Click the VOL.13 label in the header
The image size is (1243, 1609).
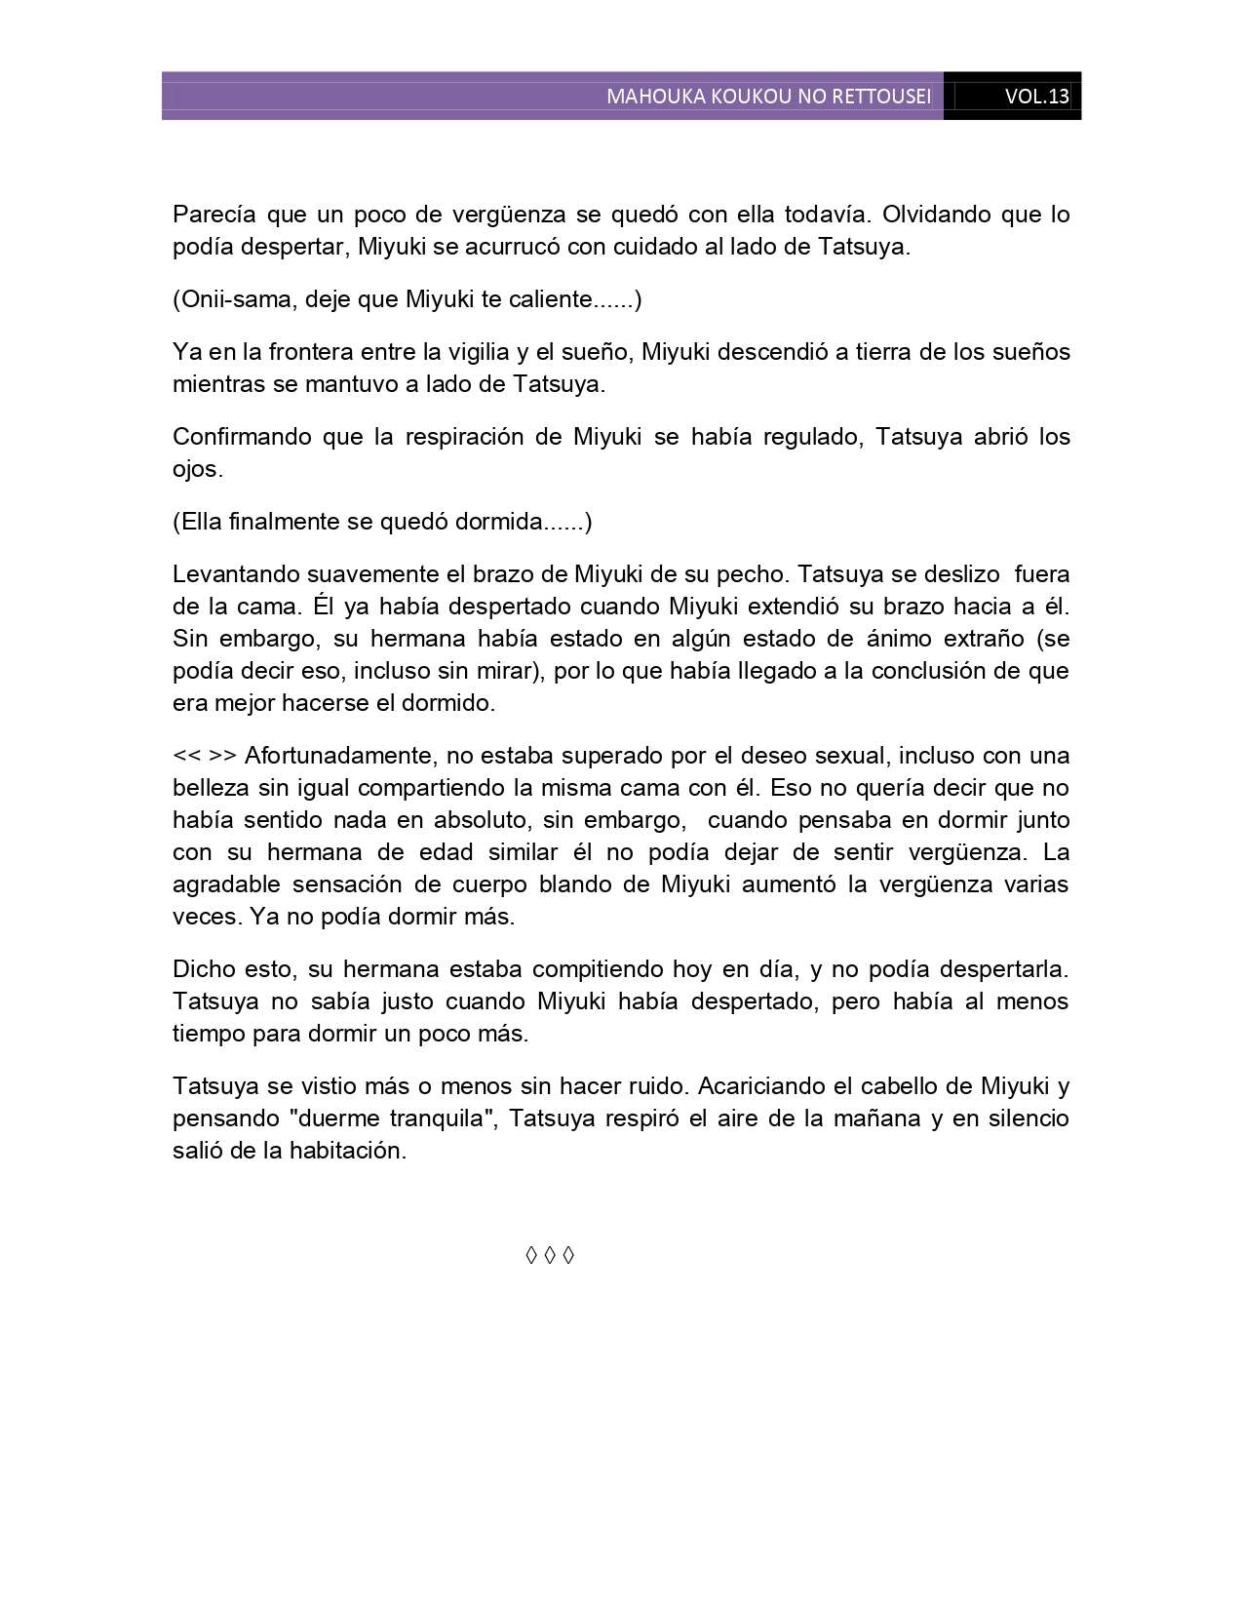pyautogui.click(x=1036, y=97)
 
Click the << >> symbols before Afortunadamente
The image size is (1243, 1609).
pyautogui.click(x=205, y=756)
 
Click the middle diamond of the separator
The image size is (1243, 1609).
pyautogui.click(x=550, y=1255)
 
